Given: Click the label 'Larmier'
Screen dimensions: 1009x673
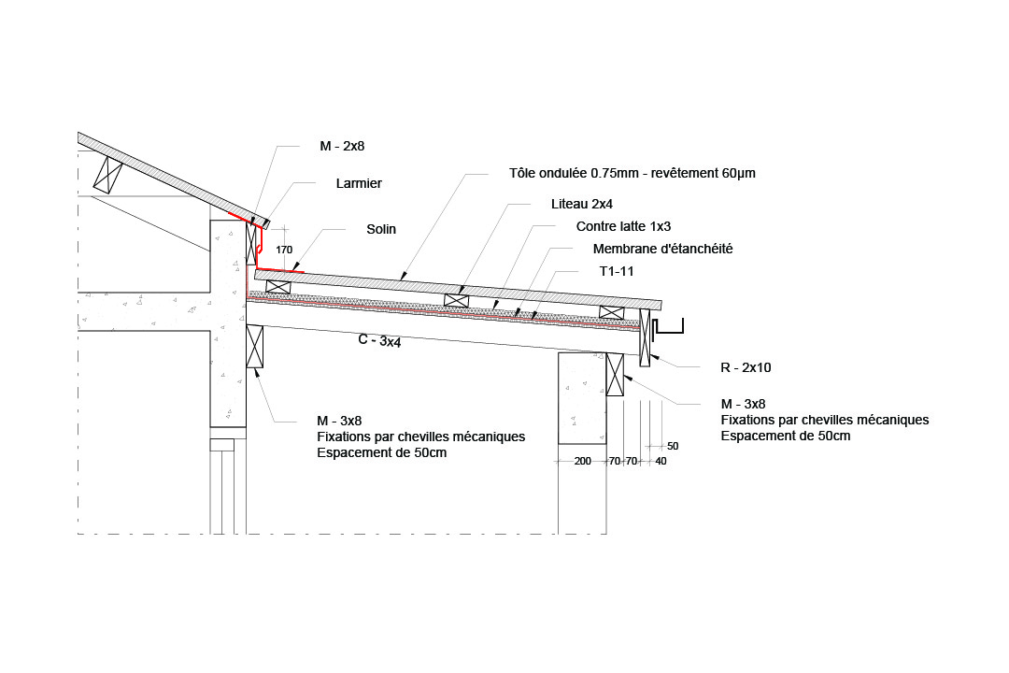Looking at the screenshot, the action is coord(359,183).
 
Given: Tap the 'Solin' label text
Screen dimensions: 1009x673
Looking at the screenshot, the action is coord(381,229).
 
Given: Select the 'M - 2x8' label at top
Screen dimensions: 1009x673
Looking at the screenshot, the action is coord(342,146).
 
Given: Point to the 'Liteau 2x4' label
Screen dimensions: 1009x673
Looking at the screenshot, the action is coord(582,204).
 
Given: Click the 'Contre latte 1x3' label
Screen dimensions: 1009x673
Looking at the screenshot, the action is coord(623,227).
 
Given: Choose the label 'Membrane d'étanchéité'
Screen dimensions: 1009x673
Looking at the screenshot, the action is coord(662,250).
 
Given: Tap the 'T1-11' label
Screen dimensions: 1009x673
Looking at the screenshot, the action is coord(617,272).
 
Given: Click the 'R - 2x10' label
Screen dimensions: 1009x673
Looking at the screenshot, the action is coord(746,367).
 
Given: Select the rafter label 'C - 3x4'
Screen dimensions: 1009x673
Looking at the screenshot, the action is coord(379,340).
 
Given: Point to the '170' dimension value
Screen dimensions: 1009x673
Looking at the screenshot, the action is coord(284,250).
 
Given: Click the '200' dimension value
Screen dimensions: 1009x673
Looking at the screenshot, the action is coord(582,461).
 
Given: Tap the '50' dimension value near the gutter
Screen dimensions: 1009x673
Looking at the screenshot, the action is coord(673,446).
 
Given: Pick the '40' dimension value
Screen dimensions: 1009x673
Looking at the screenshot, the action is coord(661,461).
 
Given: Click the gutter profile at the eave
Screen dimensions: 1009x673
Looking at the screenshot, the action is coord(667,333).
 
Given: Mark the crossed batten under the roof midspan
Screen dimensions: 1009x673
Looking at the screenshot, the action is coord(456,300).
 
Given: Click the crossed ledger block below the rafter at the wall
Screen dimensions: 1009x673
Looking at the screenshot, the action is coord(255,347).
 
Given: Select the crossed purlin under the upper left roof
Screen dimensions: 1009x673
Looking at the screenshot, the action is coord(108,175).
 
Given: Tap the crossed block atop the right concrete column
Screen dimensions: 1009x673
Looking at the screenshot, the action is coord(615,374).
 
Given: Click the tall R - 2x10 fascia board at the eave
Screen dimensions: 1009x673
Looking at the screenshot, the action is coord(645,337).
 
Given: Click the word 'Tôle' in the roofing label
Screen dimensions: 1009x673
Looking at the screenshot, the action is coord(522,173).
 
